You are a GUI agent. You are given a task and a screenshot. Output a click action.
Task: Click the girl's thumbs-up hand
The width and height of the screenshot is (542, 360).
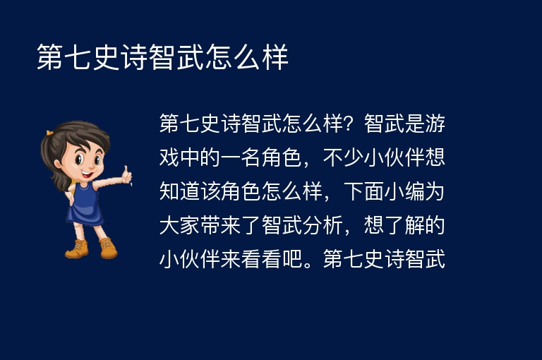(126, 174)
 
